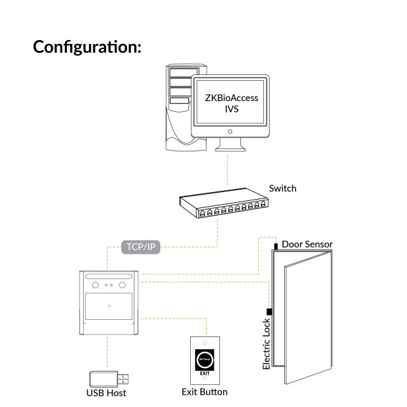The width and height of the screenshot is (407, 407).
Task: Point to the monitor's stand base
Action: point(230,148)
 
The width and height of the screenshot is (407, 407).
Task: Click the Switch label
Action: point(282,188)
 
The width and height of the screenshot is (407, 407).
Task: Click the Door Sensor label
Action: point(307,244)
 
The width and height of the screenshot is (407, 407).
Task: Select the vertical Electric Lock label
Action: point(267,343)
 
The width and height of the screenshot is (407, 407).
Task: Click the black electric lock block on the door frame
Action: point(270,312)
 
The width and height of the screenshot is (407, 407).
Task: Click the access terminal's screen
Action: point(109,307)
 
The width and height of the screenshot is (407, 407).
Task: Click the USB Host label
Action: point(106,393)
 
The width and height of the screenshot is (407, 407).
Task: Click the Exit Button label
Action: point(204,392)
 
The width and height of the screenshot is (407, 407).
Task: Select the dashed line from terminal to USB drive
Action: point(108,353)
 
